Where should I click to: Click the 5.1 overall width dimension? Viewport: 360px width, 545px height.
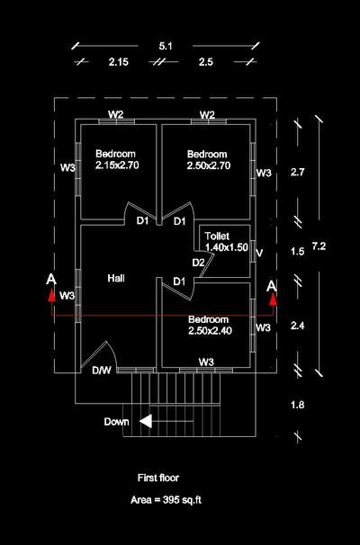[x=166, y=46]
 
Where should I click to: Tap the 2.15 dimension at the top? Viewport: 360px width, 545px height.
[x=118, y=62]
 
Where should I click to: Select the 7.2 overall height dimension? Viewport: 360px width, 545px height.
[x=319, y=246]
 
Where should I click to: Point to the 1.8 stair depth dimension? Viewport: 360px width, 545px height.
[x=297, y=405]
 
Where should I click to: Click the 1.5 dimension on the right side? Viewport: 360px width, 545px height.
[x=297, y=251]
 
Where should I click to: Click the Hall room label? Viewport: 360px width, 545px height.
[x=116, y=278]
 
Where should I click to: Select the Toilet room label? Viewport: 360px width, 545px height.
[x=217, y=236]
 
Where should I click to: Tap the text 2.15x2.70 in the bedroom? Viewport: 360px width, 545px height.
[x=117, y=165]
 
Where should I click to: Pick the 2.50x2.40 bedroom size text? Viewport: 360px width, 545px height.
[x=210, y=330]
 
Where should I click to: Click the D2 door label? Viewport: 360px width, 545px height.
[x=198, y=263]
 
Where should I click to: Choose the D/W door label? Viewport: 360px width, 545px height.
[x=102, y=371]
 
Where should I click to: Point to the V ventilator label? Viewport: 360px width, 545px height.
[x=259, y=253]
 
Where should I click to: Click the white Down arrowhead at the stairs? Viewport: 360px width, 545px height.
[x=146, y=421]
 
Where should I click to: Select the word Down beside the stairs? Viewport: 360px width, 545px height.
[x=116, y=422]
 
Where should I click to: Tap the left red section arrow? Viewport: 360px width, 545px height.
[x=51, y=294]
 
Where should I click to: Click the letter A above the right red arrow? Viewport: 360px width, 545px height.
[x=272, y=286]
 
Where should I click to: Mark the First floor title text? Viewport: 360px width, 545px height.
[x=158, y=478]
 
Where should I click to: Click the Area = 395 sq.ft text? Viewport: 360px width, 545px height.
[x=166, y=500]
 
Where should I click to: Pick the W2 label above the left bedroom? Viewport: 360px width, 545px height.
[x=116, y=114]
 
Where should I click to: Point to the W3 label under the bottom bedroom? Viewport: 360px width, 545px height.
[x=206, y=362]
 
